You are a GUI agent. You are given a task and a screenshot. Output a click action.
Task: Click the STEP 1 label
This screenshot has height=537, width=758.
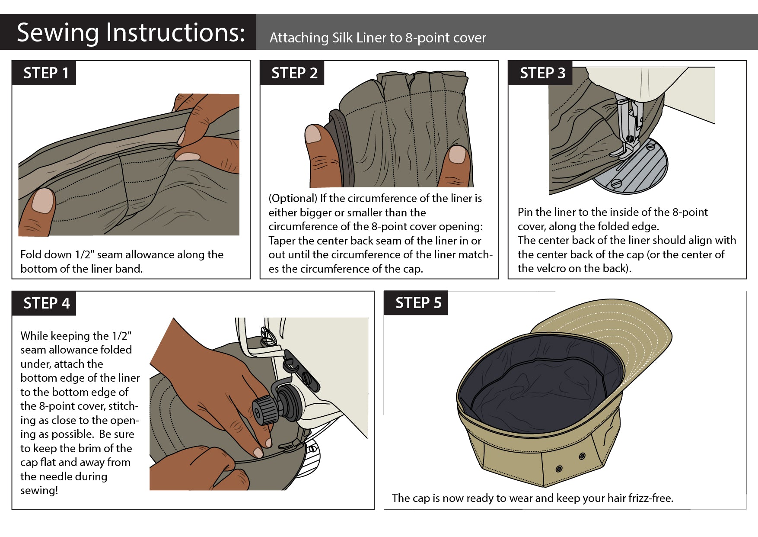tap(46, 73)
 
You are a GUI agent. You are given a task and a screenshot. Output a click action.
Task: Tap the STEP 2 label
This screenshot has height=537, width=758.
tap(294, 73)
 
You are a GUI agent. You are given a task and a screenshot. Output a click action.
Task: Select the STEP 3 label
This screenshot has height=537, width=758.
tap(542, 73)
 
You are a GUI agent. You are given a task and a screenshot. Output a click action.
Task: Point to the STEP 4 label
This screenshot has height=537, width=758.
tap(46, 303)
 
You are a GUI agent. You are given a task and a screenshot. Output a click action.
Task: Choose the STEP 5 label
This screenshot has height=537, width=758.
tap(418, 303)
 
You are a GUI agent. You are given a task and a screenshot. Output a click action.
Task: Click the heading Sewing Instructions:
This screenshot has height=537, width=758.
tap(131, 32)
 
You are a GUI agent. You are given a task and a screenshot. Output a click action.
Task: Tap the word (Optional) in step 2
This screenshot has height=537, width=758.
tap(293, 198)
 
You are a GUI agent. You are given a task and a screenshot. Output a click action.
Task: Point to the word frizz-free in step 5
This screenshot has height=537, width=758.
tap(650, 498)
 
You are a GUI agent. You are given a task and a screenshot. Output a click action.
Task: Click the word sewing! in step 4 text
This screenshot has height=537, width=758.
tap(39, 490)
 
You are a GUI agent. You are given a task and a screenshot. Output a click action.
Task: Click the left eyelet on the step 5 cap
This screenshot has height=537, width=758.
tap(559, 469)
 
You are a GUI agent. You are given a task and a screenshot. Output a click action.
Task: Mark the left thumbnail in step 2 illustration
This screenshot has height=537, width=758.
tap(313, 134)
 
